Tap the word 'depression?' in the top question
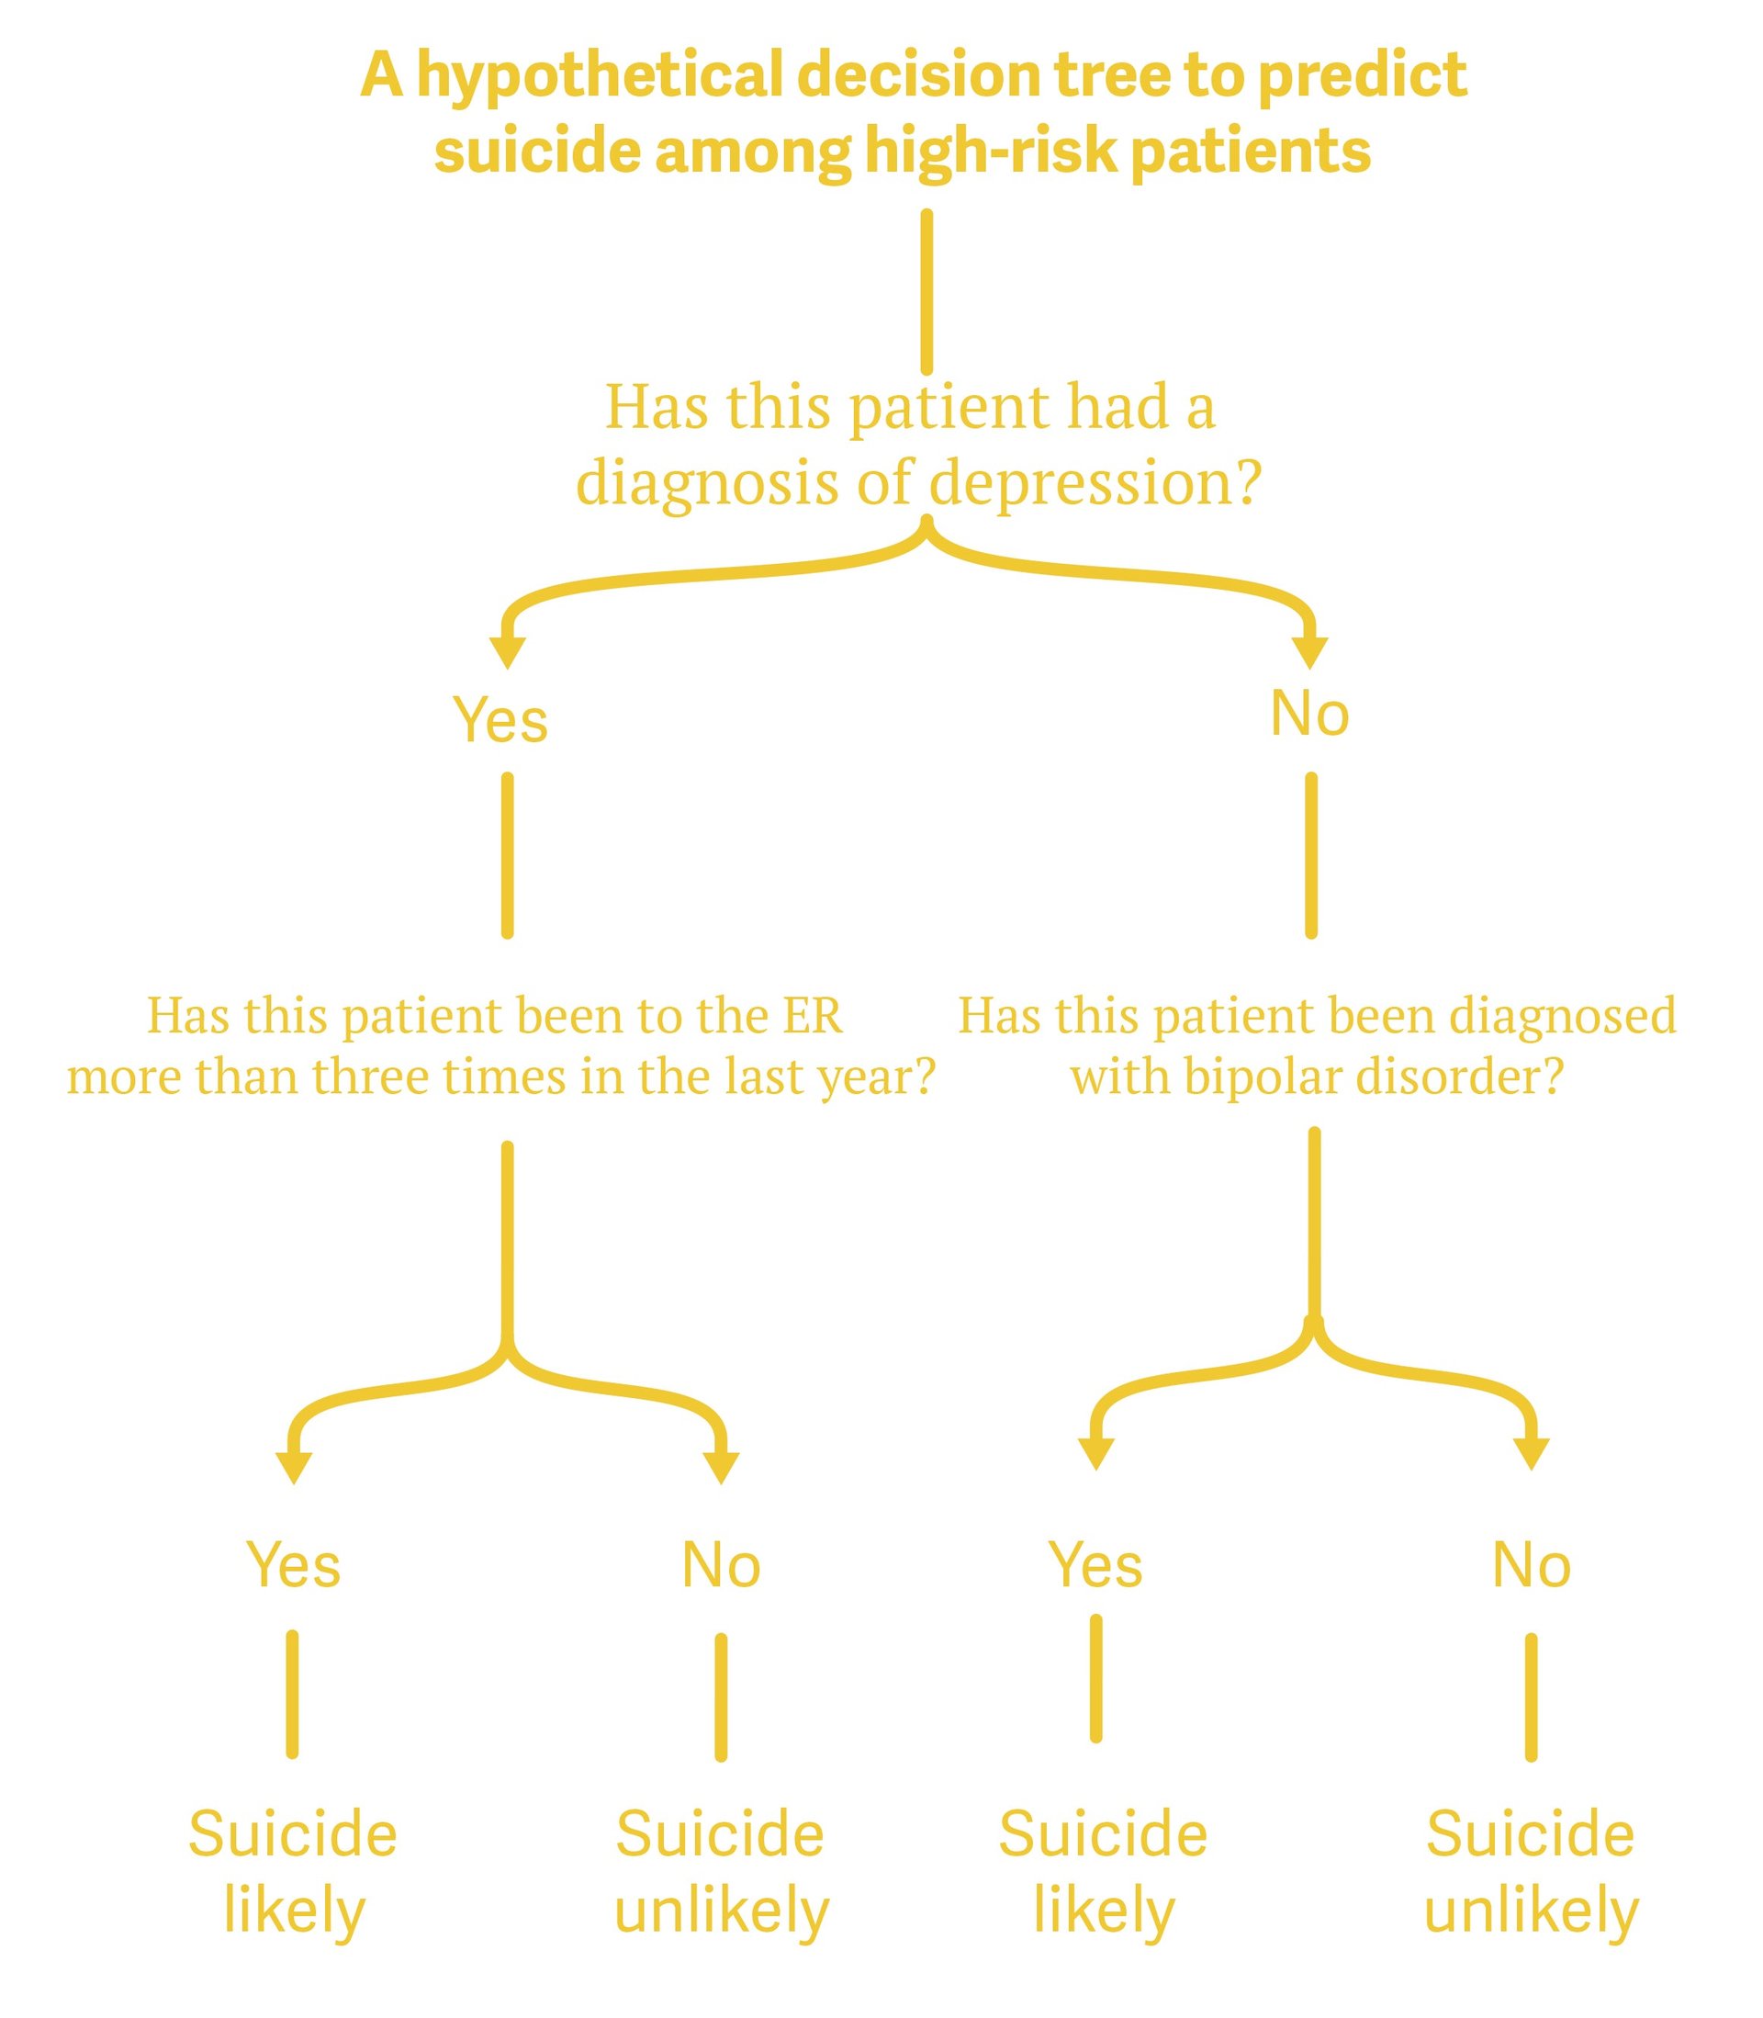1095,484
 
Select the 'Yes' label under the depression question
500,720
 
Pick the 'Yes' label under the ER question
293,1565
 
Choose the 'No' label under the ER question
721,1565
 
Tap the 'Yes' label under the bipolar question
1095,1565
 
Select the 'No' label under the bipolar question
1531,1565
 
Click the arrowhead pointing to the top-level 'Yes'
508,651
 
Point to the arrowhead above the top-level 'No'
1309,651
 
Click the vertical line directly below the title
926,292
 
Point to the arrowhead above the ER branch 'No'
721,1466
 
